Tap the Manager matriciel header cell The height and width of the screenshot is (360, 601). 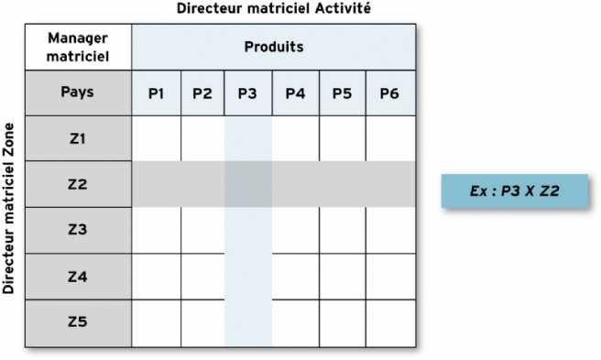click(x=78, y=46)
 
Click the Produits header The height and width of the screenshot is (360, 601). click(x=274, y=46)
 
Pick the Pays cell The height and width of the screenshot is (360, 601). click(x=78, y=93)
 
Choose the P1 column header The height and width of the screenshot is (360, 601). click(x=157, y=93)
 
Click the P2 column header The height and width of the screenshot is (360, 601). click(x=202, y=93)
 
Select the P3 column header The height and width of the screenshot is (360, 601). click(x=248, y=93)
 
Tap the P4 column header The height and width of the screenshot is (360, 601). click(x=295, y=93)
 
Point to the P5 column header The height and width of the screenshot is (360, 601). click(x=342, y=93)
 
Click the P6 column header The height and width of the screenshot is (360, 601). click(x=388, y=93)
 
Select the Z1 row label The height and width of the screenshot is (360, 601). click(x=78, y=138)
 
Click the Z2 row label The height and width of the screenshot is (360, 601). click(x=78, y=184)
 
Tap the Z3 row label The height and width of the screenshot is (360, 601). click(x=78, y=230)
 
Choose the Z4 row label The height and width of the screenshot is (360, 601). click(x=78, y=276)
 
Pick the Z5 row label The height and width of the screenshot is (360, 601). click(x=78, y=322)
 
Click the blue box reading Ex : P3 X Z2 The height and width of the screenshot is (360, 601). click(x=514, y=191)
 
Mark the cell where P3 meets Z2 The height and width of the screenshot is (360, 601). click(x=248, y=184)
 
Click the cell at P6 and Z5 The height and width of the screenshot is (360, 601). click(x=388, y=322)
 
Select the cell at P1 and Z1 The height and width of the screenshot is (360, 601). click(x=157, y=138)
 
